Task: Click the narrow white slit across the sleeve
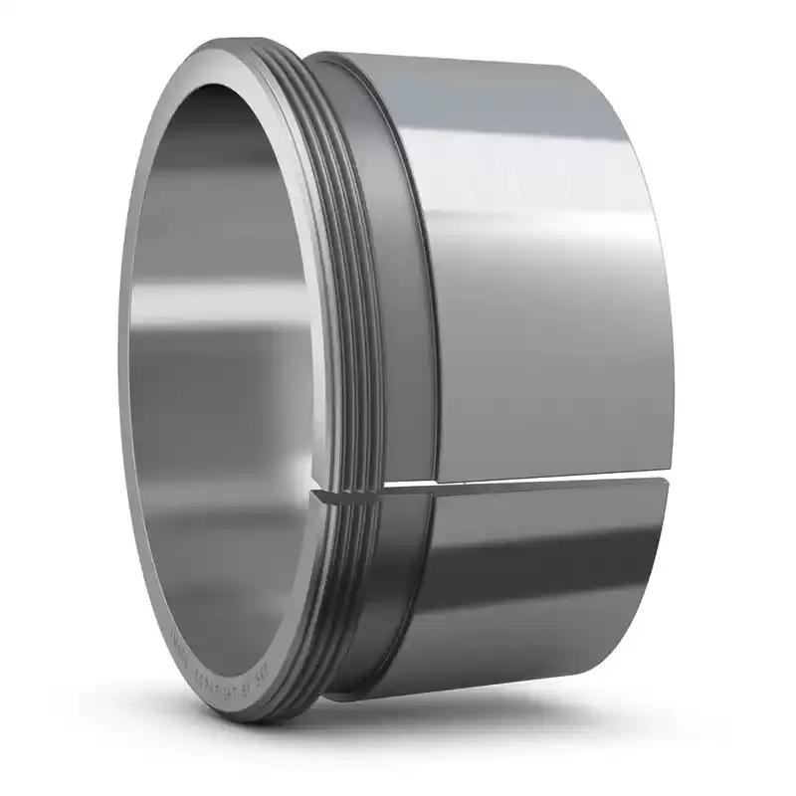tap(517, 483)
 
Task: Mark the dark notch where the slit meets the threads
tap(320, 493)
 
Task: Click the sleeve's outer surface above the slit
tap(537, 298)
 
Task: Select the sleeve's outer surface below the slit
tap(537, 597)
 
